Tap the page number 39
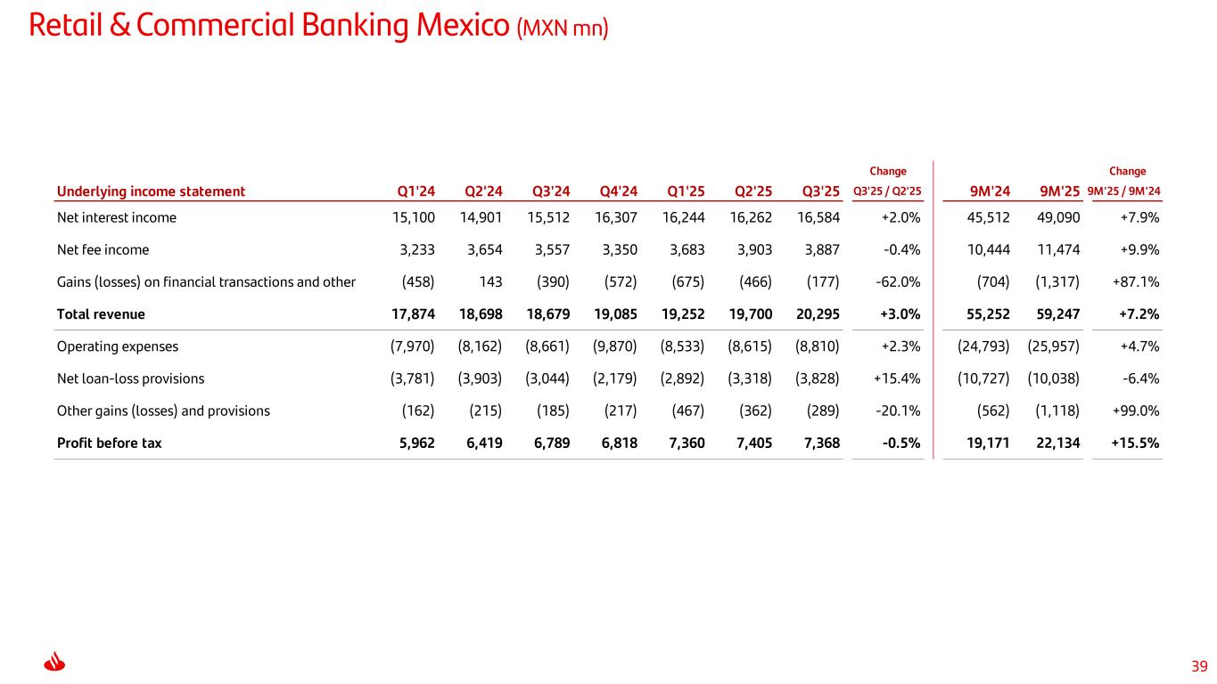click(1199, 666)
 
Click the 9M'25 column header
click(1060, 191)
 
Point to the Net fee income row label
click(103, 250)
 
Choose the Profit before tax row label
click(109, 443)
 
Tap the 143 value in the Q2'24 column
click(490, 282)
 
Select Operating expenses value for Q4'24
click(614, 346)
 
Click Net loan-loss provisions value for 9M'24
click(983, 379)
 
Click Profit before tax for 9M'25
click(1057, 443)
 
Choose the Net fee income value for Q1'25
click(686, 250)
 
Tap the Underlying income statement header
click(151, 191)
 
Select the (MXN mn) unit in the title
click(562, 28)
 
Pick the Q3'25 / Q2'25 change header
click(887, 191)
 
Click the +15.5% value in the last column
click(1136, 443)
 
